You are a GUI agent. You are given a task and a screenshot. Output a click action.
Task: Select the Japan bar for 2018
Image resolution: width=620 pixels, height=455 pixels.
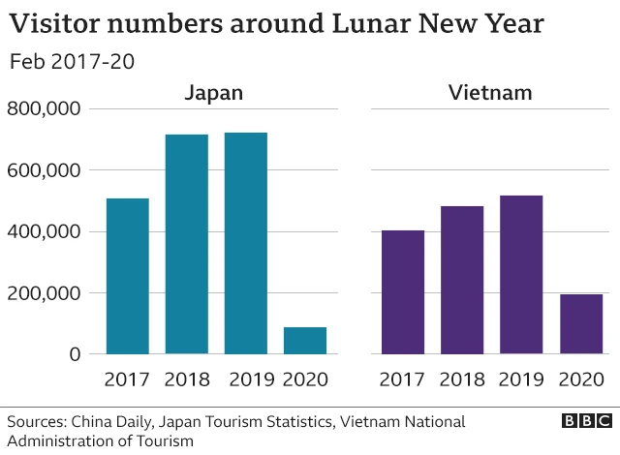point(186,244)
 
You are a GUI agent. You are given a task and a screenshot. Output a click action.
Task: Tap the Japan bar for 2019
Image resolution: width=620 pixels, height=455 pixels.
point(245,243)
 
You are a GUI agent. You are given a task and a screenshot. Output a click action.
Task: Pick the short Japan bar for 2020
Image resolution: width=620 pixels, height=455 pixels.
point(305,341)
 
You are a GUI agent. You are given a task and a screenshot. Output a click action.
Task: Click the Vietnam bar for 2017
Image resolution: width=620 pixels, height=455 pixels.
point(402,291)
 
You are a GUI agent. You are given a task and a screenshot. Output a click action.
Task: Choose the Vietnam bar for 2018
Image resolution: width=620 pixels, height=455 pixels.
point(461,280)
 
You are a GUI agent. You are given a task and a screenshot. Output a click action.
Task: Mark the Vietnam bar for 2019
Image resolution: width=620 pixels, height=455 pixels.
point(521,275)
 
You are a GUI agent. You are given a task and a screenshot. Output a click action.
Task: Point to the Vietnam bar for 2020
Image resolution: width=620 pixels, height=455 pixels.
point(581,324)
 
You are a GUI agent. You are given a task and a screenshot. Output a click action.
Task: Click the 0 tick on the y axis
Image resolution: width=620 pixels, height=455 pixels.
point(74,354)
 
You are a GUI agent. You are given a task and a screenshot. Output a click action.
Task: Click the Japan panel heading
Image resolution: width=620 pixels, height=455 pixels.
point(215,93)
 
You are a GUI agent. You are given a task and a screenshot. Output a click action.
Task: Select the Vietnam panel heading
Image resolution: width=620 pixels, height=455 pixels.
point(490,93)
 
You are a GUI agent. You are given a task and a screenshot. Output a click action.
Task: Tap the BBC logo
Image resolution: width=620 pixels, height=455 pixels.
point(586,421)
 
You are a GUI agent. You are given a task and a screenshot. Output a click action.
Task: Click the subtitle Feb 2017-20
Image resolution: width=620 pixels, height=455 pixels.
point(71,61)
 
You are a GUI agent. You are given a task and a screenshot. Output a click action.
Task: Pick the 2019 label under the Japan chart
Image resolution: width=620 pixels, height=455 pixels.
point(245,379)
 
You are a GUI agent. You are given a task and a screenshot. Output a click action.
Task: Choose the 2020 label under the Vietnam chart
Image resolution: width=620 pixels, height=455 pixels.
point(581,379)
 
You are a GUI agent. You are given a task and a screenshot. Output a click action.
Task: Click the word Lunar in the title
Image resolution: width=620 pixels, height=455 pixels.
point(341,23)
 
